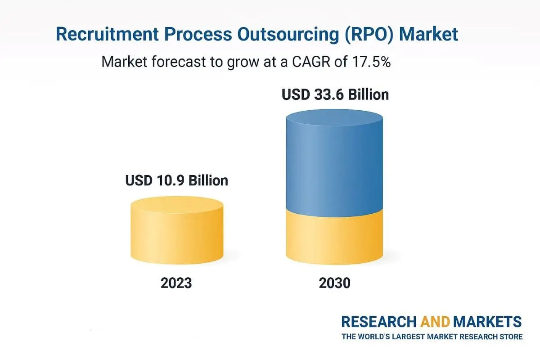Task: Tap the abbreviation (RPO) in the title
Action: [x=364, y=35]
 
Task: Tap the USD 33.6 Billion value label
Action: [x=335, y=95]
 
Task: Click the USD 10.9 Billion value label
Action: [x=176, y=180]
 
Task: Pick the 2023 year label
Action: [x=176, y=283]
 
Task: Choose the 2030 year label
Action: [x=335, y=283]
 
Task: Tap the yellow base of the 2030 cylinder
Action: [x=335, y=238]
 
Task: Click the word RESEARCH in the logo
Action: [x=379, y=322]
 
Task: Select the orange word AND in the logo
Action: [x=435, y=322]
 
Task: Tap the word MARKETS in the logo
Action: [x=488, y=322]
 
